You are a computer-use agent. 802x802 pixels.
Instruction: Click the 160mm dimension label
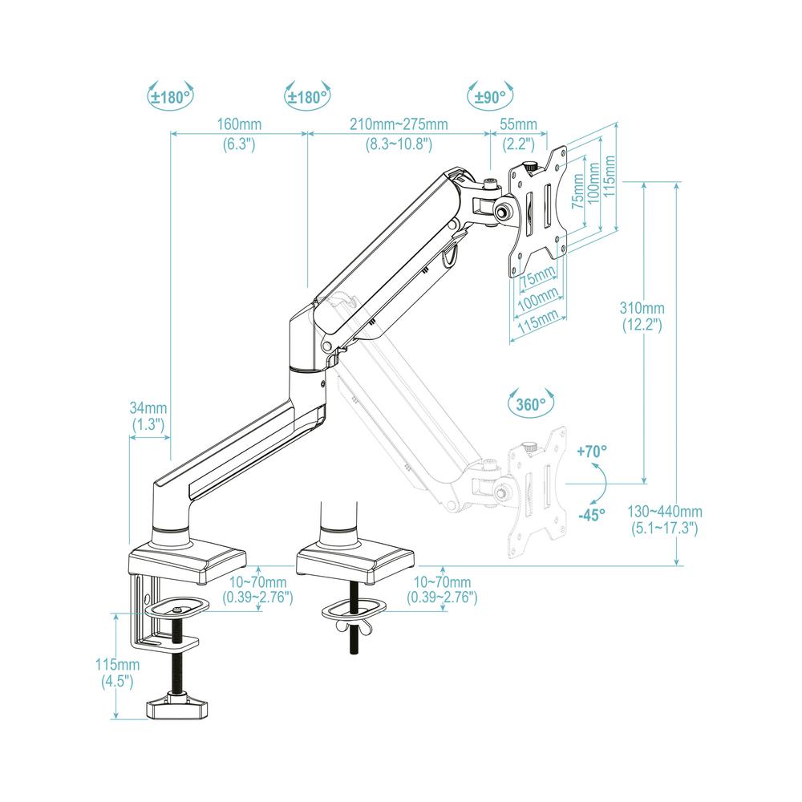coord(239,125)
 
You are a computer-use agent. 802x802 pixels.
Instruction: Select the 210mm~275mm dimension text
coord(399,125)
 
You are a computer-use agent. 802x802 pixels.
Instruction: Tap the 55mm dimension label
coord(518,125)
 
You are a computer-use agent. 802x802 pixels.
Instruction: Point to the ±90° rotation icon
coord(489,97)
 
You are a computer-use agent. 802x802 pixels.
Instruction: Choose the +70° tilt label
coord(591,452)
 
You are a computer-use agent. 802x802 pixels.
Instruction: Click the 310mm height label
coord(642,308)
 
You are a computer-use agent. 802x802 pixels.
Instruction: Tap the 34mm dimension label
coord(148,407)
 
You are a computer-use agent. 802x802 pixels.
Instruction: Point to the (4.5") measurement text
coord(116,682)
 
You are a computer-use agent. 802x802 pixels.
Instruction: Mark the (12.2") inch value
coord(642,325)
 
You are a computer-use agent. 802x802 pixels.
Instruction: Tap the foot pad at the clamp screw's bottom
coord(176,709)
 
